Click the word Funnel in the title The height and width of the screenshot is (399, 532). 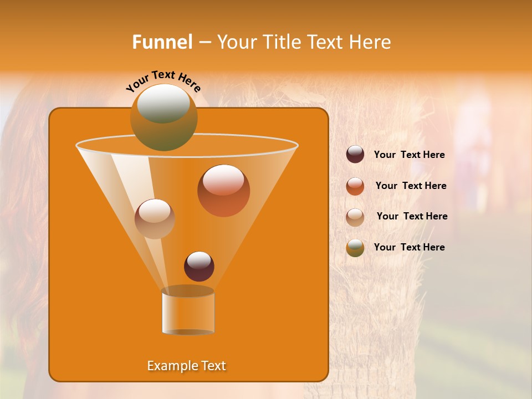(x=162, y=42)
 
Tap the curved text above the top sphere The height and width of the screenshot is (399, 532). (x=163, y=81)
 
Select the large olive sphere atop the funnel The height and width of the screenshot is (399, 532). (x=163, y=117)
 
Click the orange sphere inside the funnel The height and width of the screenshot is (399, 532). (x=223, y=191)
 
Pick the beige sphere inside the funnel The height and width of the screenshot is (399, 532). (x=155, y=218)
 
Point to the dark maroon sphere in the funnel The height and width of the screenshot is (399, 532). (x=199, y=266)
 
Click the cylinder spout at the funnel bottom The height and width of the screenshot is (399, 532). (x=188, y=311)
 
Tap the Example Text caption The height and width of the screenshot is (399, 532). (x=187, y=366)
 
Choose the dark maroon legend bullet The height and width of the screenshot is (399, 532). (x=355, y=155)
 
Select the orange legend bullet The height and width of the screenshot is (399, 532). (x=355, y=186)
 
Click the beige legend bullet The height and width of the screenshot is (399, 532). (x=355, y=217)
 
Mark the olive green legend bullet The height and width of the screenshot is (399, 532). (x=355, y=248)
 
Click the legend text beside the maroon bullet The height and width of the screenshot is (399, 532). (x=409, y=155)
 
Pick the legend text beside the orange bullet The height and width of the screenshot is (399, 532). (x=411, y=186)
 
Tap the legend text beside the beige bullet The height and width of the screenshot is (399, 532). (x=412, y=216)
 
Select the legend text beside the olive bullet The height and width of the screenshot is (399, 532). (x=409, y=247)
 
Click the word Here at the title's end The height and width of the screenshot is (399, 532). (x=370, y=42)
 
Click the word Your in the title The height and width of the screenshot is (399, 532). (x=235, y=42)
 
